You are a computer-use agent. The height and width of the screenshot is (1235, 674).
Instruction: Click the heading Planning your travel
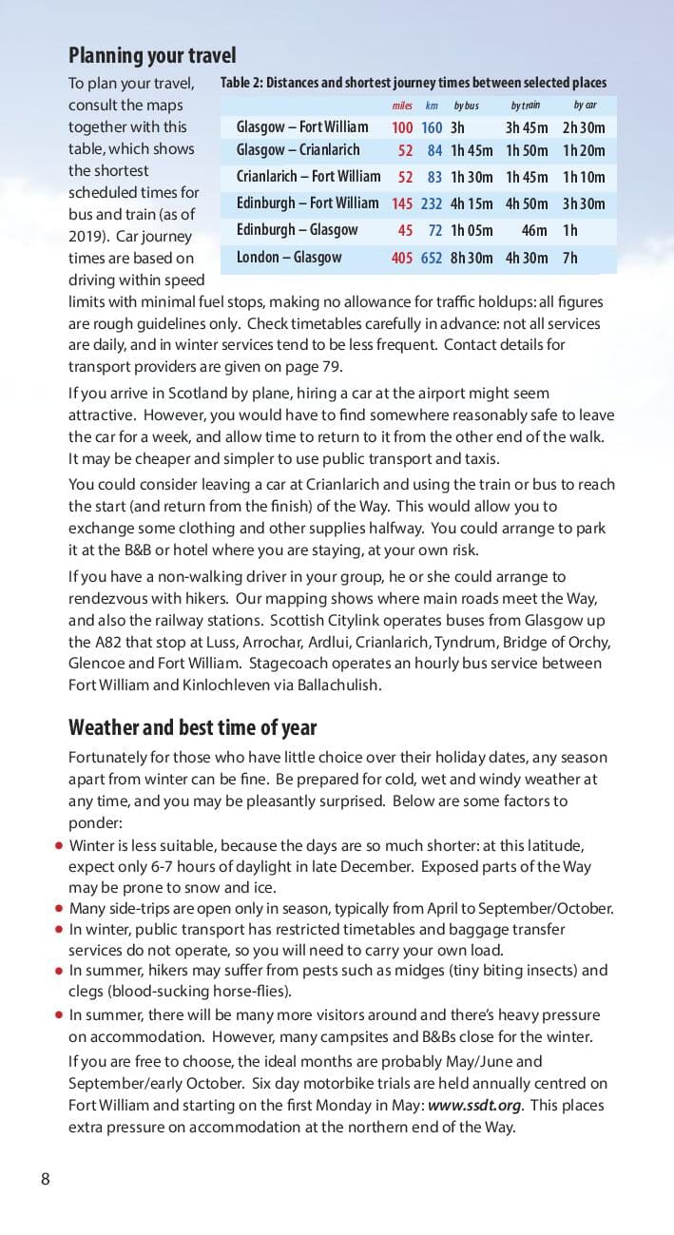[x=152, y=55]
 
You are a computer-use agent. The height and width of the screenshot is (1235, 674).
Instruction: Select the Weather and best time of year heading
[x=192, y=727]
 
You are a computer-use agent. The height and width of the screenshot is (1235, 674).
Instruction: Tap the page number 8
[x=45, y=1179]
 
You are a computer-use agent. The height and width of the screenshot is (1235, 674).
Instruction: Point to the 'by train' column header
[x=525, y=106]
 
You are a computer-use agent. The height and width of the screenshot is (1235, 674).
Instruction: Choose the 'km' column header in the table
[x=432, y=106]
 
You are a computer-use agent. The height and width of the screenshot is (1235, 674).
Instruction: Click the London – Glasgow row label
[x=289, y=258]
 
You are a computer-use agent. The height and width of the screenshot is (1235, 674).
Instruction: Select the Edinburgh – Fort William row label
[x=307, y=203]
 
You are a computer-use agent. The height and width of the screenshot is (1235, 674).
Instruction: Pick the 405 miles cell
[x=402, y=258]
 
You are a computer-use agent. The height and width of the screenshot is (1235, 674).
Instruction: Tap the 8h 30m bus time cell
[x=471, y=258]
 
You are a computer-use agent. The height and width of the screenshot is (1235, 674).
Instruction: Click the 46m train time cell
[x=534, y=231]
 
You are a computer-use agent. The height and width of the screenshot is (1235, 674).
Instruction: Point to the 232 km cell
[x=432, y=203]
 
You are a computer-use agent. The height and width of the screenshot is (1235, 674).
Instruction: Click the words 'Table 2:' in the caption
[x=241, y=83]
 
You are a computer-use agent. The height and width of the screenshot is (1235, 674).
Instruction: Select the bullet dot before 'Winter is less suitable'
[x=59, y=844]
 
